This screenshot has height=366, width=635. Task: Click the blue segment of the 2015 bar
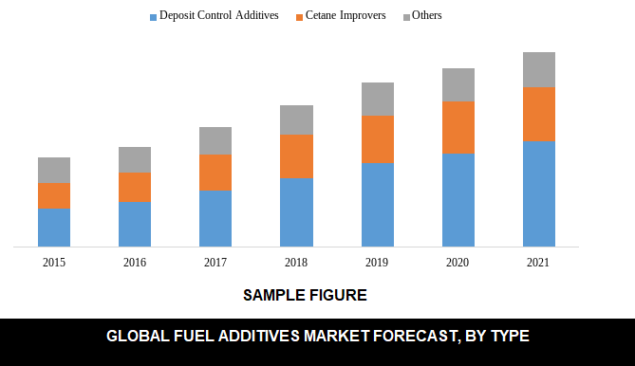point(54,228)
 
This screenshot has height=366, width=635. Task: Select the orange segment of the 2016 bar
point(135,187)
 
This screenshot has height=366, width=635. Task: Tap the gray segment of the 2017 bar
point(215,141)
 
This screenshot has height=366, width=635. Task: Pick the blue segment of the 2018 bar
point(296,212)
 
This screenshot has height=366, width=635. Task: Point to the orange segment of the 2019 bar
point(377,139)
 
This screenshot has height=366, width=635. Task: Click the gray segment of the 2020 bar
point(458,85)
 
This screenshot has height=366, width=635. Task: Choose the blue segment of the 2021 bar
point(539,194)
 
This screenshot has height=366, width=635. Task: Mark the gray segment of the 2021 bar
point(539,70)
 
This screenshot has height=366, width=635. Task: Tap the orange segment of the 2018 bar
point(296,156)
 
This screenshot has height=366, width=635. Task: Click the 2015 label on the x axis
point(54,262)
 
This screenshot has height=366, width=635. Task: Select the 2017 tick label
point(215,262)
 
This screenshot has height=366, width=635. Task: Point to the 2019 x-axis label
point(377,262)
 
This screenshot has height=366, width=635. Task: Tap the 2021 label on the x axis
point(539,262)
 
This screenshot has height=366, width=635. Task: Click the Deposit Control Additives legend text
point(218,16)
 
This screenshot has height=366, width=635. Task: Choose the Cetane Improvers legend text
point(346,16)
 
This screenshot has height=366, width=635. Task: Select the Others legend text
point(427,16)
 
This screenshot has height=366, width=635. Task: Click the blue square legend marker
point(153,17)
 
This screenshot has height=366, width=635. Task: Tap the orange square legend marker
point(299,17)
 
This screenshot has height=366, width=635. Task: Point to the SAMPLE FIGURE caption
point(305,295)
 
